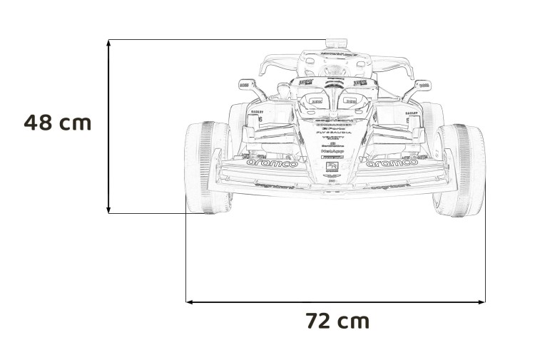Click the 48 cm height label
(x=58, y=122)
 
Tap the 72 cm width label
(x=337, y=321)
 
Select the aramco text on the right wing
(x=392, y=163)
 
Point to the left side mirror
(x=245, y=84)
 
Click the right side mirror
(x=424, y=84)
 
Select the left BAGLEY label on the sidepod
(x=257, y=112)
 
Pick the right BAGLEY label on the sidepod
(x=412, y=112)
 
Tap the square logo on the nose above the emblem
(x=332, y=166)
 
